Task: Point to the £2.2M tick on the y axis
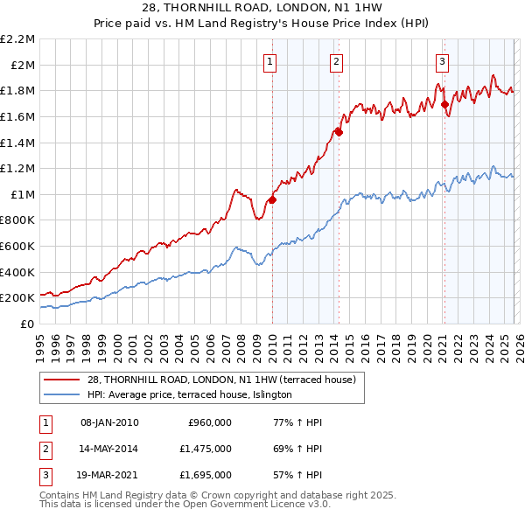(18, 39)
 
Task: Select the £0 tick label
(27, 324)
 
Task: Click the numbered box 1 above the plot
(270, 61)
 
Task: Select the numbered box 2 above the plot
(337, 61)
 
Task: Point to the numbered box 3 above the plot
(443, 61)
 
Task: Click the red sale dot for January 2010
(272, 199)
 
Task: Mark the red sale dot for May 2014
(339, 133)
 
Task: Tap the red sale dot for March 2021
(444, 104)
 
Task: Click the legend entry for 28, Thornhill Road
(220, 380)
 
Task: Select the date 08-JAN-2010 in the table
(109, 422)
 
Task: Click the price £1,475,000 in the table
(210, 449)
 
